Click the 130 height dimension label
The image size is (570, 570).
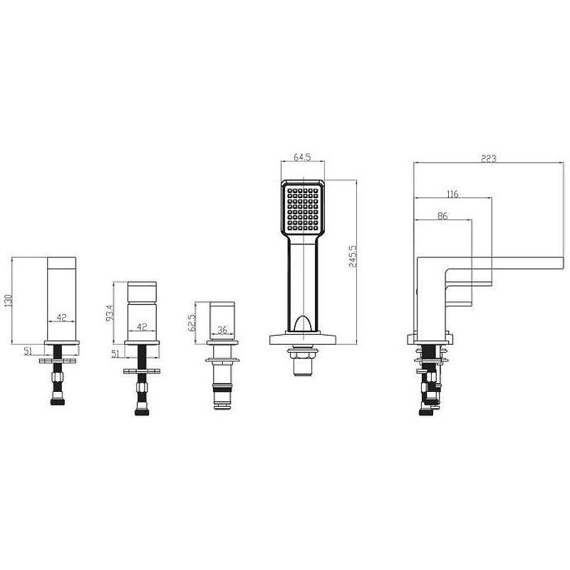[9, 300]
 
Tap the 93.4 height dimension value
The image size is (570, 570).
[110, 312]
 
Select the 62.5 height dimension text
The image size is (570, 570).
[192, 323]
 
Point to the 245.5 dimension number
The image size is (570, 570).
[353, 256]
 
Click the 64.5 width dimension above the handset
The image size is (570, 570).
[302, 157]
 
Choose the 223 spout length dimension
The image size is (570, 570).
[489, 158]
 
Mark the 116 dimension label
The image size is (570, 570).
[452, 194]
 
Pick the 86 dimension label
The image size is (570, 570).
[442, 216]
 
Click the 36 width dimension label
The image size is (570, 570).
[222, 330]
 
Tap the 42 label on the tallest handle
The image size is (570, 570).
[61, 317]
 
